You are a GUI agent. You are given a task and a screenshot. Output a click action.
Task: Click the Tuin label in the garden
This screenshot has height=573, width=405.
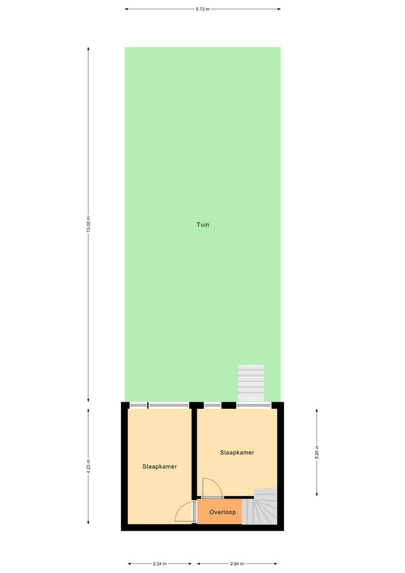pyautogui.click(x=203, y=225)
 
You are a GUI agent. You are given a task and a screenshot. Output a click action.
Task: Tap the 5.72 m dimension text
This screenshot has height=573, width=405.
pyautogui.click(x=203, y=9)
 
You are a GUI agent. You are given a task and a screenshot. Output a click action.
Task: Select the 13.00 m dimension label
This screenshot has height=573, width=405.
pyautogui.click(x=88, y=224)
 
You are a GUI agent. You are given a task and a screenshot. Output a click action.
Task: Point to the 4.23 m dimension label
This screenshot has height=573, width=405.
pyautogui.click(x=88, y=466)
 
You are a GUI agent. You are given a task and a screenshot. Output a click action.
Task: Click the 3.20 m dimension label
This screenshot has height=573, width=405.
pyautogui.click(x=317, y=452)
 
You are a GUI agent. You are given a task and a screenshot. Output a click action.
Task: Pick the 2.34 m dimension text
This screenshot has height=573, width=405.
pyautogui.click(x=160, y=563)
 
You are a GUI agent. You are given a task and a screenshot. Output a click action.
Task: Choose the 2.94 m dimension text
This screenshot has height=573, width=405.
pyautogui.click(x=237, y=563)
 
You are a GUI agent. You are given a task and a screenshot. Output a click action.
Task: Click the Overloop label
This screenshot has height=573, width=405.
pyautogui.click(x=222, y=512)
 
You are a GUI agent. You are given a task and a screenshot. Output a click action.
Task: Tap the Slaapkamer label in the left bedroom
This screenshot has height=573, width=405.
pyautogui.click(x=160, y=466)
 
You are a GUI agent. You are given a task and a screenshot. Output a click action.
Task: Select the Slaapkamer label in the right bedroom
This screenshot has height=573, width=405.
pyautogui.click(x=237, y=452)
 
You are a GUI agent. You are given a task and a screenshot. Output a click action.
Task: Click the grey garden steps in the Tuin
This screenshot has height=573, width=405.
pyautogui.click(x=251, y=383)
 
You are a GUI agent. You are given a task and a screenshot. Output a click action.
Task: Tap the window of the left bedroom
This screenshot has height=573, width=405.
pyautogui.click(x=160, y=405)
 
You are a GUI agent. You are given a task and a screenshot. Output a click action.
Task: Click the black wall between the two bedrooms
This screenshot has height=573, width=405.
pyautogui.click(x=194, y=454)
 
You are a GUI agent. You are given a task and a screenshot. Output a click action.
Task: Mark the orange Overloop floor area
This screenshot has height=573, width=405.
pyautogui.click(x=219, y=512)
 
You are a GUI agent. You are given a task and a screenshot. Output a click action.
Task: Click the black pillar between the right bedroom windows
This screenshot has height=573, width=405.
pyautogui.click(x=229, y=405)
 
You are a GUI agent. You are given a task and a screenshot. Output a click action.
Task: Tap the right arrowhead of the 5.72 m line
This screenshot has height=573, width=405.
pyautogui.click(x=279, y=9)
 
